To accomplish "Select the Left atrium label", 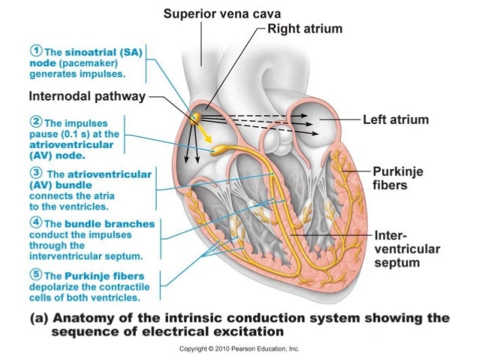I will [395, 119].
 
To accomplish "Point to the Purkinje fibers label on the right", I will [397, 178].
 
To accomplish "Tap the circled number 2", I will [35, 121].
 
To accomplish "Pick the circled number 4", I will [35, 223].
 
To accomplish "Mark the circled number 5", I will [35, 274].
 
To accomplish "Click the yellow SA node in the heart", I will [196, 117].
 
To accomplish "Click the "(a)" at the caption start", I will [39, 317].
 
